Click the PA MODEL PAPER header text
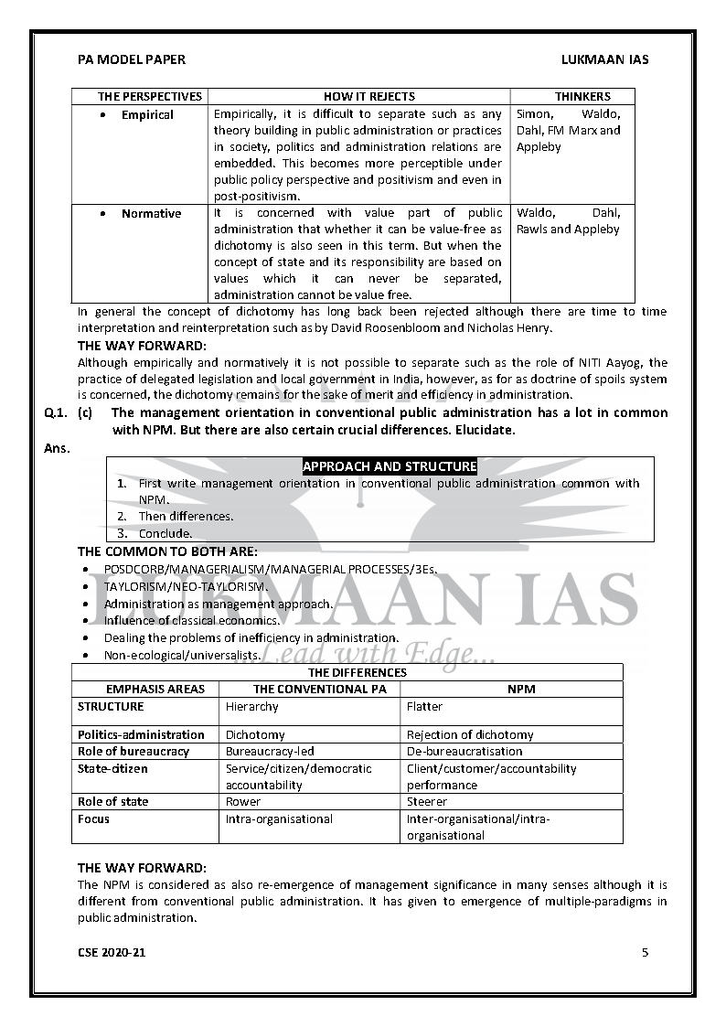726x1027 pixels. pyautogui.click(x=131, y=59)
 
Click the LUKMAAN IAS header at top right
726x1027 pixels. pyautogui.click(x=604, y=59)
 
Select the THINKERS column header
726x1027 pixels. pyautogui.click(x=582, y=96)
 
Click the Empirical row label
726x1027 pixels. pyautogui.click(x=147, y=115)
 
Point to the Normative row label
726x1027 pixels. pyautogui.click(x=151, y=214)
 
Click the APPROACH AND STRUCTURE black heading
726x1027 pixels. pyautogui.click(x=389, y=466)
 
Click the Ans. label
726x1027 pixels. pyautogui.click(x=57, y=448)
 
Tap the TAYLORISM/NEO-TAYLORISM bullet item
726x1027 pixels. pyautogui.click(x=186, y=586)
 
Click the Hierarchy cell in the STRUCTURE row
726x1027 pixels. pyautogui.click(x=252, y=707)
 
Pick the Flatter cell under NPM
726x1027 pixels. pyautogui.click(x=424, y=707)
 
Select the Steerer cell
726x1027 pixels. pyautogui.click(x=427, y=802)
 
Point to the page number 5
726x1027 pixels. pyautogui.click(x=645, y=952)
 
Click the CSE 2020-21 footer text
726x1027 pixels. pyautogui.click(x=111, y=952)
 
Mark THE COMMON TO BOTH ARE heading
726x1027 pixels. pyautogui.click(x=167, y=551)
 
